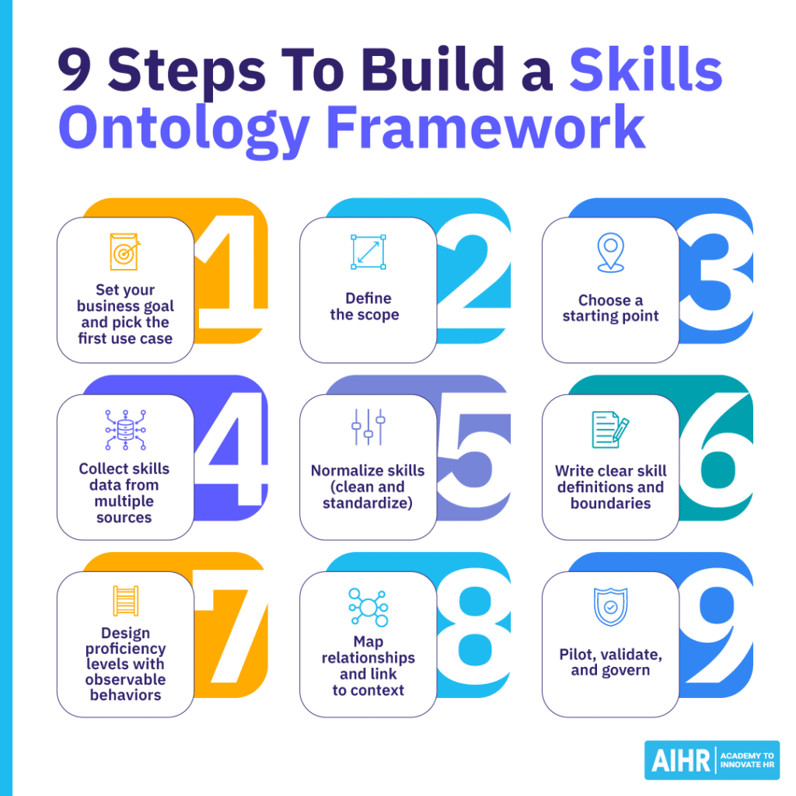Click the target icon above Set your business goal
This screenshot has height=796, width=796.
(x=124, y=252)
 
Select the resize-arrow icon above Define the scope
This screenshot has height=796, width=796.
(x=368, y=253)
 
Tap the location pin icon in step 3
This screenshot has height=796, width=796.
(x=610, y=253)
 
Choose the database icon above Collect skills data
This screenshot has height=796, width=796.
(x=124, y=430)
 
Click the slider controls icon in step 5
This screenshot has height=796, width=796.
(x=368, y=428)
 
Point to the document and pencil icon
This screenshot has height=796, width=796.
(x=610, y=430)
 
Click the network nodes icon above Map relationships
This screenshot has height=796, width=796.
(x=368, y=607)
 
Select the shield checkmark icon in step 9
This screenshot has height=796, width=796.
(x=610, y=606)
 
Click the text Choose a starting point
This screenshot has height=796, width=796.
(x=610, y=308)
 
